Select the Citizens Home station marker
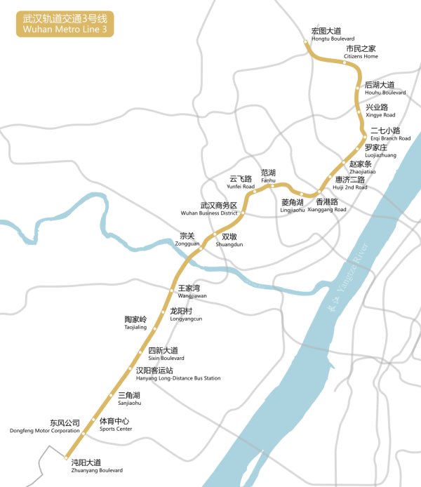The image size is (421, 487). pos(345,62)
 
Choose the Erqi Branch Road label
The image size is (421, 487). pos(390,134)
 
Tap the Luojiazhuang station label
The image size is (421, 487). pos(380,151)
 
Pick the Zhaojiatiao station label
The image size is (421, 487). pos(363,167)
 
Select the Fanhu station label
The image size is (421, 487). pos(269,175)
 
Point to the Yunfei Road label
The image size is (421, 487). pos(241,182)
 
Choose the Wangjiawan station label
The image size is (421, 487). pos(192,291)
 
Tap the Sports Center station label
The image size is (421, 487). pos(114,425)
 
